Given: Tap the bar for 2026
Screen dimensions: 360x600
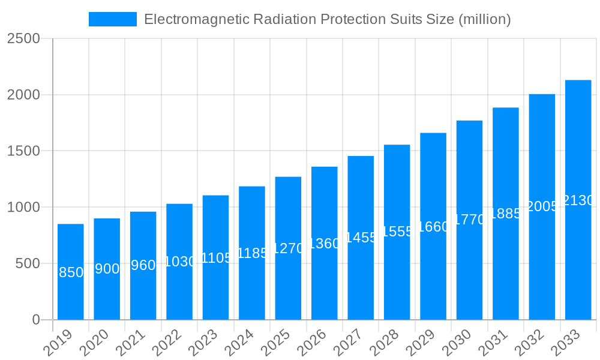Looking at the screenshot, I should pyautogui.click(x=325, y=282).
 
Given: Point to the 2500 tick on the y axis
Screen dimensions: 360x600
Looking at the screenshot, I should pyautogui.click(x=23, y=38).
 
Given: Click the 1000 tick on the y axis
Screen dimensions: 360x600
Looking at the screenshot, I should pyautogui.click(x=23, y=207).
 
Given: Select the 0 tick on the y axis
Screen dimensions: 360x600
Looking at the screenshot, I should pyautogui.click(x=35, y=320).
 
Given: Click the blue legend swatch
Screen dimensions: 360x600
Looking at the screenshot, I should pyautogui.click(x=113, y=19).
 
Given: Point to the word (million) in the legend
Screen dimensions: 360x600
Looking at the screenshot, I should pyautogui.click(x=484, y=19).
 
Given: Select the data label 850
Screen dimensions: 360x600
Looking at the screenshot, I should pyautogui.click(x=71, y=272).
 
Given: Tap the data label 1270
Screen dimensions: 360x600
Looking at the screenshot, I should pyautogui.click(x=288, y=248).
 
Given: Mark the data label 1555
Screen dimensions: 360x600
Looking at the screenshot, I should pyautogui.click(x=397, y=232).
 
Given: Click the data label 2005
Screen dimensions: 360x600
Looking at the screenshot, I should pyautogui.click(x=542, y=206).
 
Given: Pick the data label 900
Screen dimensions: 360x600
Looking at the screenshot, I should pyautogui.click(x=107, y=269).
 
